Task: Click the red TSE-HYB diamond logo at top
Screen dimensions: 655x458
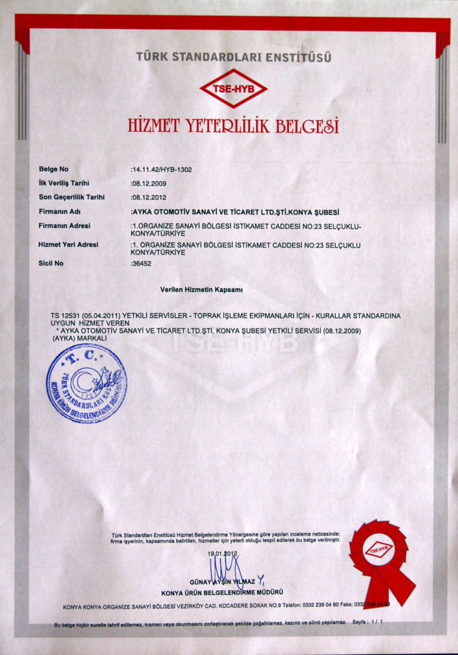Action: pos(233,88)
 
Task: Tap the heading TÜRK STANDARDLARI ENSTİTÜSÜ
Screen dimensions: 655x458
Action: pos(234,57)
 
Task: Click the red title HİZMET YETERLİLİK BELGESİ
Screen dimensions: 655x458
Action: pos(233,124)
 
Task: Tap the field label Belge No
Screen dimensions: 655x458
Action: pos(53,169)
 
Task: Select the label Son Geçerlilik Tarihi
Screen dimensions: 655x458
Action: pos(71,197)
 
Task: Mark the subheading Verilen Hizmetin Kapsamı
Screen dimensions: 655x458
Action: pos(202,290)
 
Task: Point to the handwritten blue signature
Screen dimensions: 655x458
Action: pos(224,567)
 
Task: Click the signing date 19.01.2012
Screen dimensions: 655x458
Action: pos(222,554)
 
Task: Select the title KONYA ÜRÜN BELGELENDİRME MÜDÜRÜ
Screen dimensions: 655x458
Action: pos(222,592)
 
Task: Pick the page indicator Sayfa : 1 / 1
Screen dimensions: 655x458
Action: pos(367,622)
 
